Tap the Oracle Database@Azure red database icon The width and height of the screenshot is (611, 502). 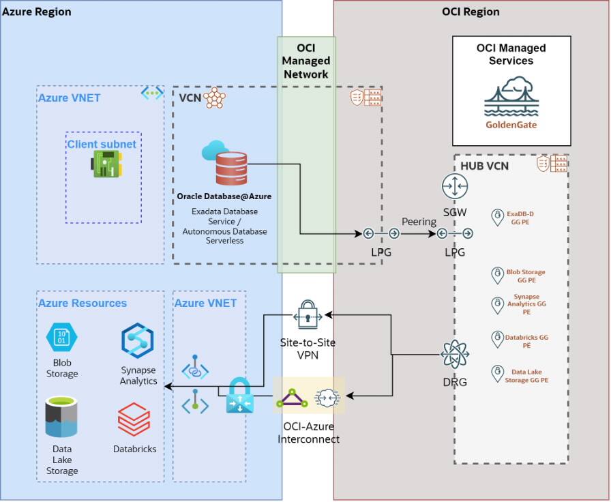231,168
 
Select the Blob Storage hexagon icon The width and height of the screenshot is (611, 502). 61,338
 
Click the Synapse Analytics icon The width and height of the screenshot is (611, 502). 138,341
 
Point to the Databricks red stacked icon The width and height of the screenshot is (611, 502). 134,419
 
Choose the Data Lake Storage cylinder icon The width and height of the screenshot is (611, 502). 61,417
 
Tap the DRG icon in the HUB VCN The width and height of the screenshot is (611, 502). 454,355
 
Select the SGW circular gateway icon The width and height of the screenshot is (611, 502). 454,186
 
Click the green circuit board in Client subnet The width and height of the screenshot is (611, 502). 107,164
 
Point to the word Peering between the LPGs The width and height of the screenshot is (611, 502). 419,222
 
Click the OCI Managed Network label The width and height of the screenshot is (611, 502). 306,61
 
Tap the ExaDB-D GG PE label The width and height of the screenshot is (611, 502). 522,218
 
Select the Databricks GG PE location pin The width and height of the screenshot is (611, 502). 498,338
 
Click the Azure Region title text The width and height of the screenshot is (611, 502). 37,12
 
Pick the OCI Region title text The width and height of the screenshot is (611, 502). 471,12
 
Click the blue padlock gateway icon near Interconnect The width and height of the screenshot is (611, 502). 239,396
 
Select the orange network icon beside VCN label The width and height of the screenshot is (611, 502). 214,98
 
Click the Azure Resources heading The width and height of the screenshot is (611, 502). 82,303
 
